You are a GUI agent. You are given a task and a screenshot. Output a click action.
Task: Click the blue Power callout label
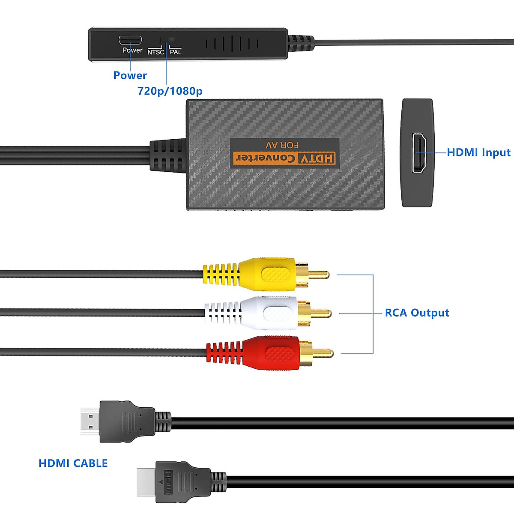[x=130, y=75]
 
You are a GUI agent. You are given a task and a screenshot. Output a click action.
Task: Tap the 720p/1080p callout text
[x=170, y=91]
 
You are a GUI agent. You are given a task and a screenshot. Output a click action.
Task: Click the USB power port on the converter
[x=130, y=40]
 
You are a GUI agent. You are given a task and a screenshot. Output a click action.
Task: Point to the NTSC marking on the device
[x=156, y=52]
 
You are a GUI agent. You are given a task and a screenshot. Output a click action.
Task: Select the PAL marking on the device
[x=176, y=52]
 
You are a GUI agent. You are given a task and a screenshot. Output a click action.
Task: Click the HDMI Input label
[x=478, y=152]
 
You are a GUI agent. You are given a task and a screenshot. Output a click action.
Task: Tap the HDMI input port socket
[x=418, y=153]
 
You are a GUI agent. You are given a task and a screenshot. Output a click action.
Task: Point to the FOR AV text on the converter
[x=282, y=145]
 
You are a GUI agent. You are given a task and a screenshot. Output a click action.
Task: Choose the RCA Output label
[x=417, y=313]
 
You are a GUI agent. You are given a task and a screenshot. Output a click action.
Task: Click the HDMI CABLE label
[x=73, y=463]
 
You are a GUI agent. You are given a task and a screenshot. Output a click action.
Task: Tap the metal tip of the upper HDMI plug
[x=90, y=421]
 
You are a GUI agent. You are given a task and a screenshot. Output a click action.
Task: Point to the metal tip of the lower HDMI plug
[x=146, y=482]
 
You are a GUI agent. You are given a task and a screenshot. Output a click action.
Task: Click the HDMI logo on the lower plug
[x=168, y=482]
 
